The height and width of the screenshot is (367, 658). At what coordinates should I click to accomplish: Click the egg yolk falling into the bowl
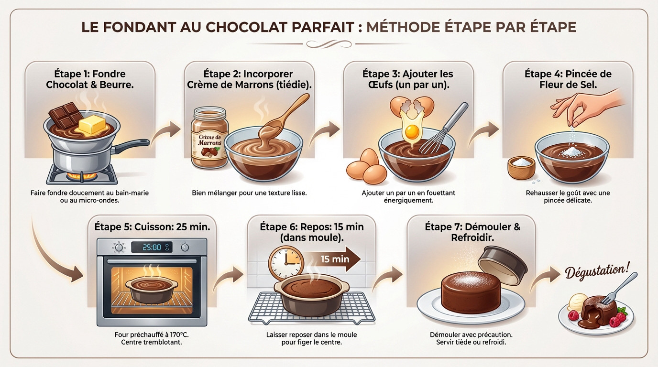pyautogui.click(x=412, y=130)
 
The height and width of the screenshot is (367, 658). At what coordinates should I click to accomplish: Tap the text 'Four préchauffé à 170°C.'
pyautogui.click(x=155, y=335)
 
